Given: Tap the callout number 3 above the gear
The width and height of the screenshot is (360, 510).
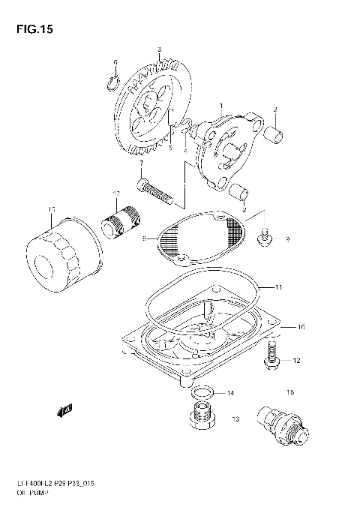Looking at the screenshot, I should coord(159,50).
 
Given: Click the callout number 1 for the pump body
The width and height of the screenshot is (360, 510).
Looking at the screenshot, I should coord(221,106).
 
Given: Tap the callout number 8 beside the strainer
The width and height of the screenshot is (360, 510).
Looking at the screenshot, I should coord(143,238).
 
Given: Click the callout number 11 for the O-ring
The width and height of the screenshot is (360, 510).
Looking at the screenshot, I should coord(277,287).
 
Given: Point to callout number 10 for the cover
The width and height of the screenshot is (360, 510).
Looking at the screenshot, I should coord(300,327).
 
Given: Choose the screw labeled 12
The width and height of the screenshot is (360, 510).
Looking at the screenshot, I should coord(272,357).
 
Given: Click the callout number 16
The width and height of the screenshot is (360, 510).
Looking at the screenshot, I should coord(289,392).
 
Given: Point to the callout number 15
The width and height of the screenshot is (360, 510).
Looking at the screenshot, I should coord(51,209).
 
